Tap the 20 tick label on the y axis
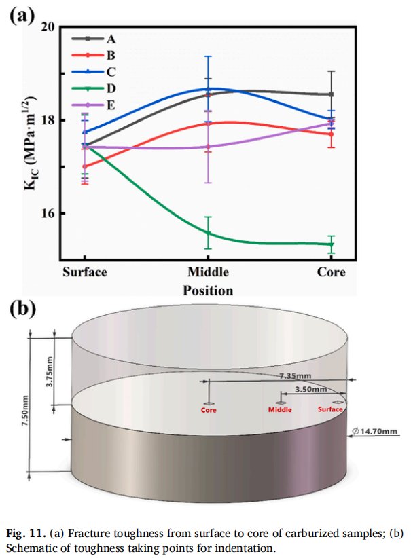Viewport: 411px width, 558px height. [47, 26]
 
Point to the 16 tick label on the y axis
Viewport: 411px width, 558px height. [47, 213]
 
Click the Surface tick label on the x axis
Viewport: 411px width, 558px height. [84, 272]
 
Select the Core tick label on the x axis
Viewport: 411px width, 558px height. [331, 272]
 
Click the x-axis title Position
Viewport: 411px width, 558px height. [208, 290]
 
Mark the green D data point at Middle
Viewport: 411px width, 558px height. [208, 233]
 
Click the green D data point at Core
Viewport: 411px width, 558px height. [331, 244]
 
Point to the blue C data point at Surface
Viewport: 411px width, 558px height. [84, 132]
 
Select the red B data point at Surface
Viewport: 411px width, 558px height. [84, 166]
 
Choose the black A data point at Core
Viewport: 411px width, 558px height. [331, 94]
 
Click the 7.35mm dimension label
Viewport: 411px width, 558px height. [299, 375]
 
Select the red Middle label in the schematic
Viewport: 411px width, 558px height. [280, 409]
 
